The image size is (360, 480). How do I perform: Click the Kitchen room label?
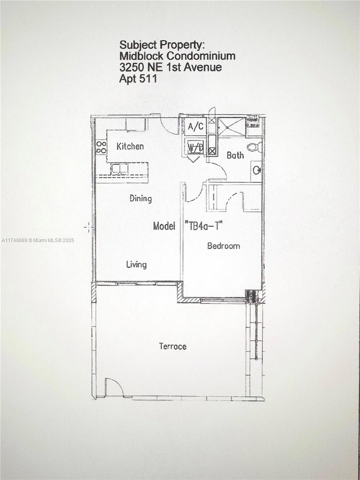point(130,146)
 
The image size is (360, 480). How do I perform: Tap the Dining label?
point(141,198)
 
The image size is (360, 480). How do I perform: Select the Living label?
point(136,265)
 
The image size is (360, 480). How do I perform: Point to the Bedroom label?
point(223,246)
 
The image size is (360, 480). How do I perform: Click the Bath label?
point(235,155)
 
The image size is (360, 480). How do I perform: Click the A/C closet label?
point(196,126)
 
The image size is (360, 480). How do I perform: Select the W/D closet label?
point(195,148)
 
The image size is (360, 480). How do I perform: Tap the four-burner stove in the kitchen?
point(101,147)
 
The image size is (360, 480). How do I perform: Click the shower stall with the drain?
point(232,127)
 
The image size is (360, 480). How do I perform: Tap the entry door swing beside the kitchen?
point(169,126)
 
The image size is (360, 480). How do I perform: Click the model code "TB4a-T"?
point(204,226)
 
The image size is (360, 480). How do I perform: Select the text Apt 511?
point(138,78)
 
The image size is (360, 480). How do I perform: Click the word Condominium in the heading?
point(201,56)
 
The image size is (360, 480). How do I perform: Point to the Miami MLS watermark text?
point(38,240)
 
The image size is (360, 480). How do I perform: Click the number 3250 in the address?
point(132,67)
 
